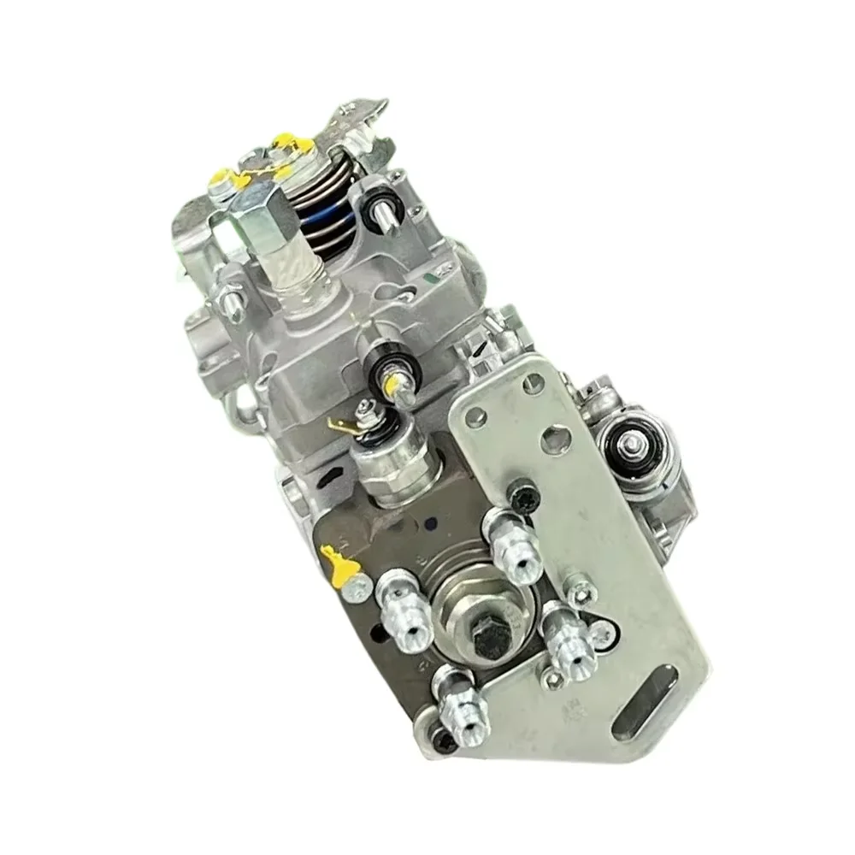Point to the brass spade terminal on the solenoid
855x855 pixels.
coord(339,425)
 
